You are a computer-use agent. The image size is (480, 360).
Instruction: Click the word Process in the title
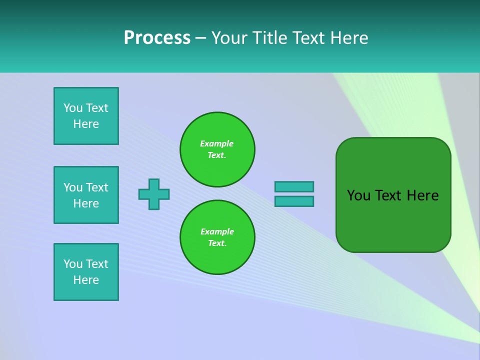point(157,38)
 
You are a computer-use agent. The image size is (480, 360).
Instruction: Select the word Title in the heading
point(268,38)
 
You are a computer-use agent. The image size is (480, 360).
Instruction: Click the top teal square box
point(86,116)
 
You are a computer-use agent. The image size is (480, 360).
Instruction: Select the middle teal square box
point(86,195)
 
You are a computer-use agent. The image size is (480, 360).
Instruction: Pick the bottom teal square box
point(86,272)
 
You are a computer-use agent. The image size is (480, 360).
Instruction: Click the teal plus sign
point(154,194)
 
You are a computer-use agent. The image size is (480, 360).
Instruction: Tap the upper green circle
point(217,149)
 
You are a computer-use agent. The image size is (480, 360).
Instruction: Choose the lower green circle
point(217,237)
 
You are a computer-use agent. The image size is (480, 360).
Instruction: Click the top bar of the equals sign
point(294,186)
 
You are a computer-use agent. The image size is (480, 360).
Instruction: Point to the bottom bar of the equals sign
point(294,201)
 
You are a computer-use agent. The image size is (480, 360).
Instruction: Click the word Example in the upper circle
point(216,143)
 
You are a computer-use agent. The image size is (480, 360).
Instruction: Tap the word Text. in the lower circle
point(217,243)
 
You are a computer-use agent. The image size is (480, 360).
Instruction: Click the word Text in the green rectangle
point(388,195)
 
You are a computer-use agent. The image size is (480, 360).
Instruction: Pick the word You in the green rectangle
point(358,195)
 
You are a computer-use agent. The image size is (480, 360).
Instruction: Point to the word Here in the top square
point(86,124)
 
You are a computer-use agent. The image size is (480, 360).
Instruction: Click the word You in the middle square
point(73,187)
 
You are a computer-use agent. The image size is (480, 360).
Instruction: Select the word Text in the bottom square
point(97,264)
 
